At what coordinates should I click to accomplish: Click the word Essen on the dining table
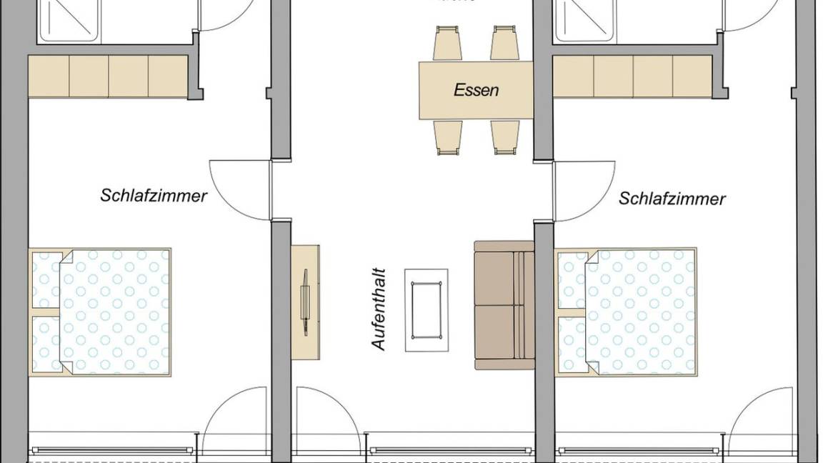tap(477, 91)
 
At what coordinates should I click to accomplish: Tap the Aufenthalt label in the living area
tap(379, 309)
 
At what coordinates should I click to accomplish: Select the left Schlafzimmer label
tap(154, 195)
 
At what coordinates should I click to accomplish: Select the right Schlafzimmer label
tap(672, 198)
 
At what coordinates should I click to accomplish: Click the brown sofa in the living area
tap(504, 305)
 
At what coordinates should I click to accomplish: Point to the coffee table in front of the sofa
tap(427, 309)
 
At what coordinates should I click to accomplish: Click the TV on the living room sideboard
tap(305, 301)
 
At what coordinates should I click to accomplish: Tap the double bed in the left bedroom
tap(101, 312)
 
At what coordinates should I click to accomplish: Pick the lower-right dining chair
tap(506, 136)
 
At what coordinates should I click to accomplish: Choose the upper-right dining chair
tap(504, 43)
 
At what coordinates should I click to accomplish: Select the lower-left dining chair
tap(448, 136)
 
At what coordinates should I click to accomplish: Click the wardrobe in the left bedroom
tap(108, 76)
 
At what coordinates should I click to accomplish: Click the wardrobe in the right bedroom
tap(632, 76)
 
